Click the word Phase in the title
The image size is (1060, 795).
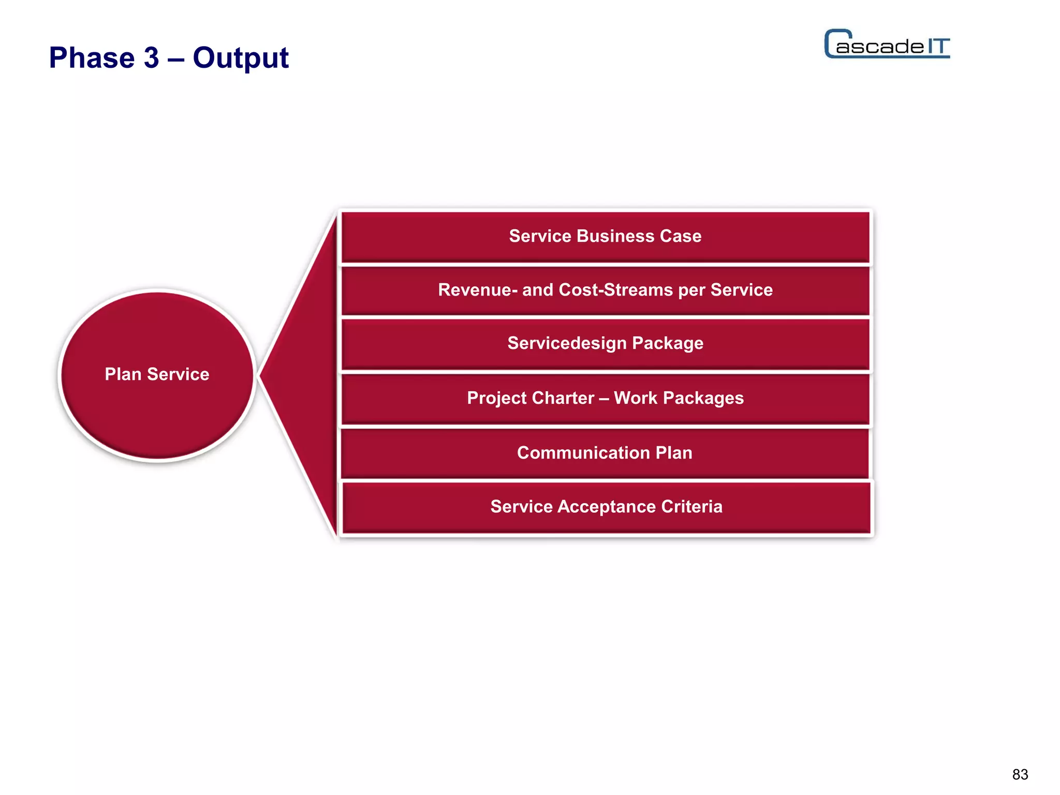pyautogui.click(x=92, y=57)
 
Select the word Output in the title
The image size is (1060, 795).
pyautogui.click(x=241, y=58)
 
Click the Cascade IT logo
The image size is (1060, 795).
pyautogui.click(x=887, y=45)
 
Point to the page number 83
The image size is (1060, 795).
pyautogui.click(x=1020, y=774)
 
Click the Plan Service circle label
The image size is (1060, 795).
pyautogui.click(x=157, y=374)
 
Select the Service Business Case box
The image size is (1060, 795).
pyautogui.click(x=605, y=236)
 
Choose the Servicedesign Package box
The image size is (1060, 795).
pyautogui.click(x=605, y=344)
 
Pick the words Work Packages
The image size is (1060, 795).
pyautogui.click(x=679, y=398)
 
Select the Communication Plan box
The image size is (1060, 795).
pyautogui.click(x=605, y=453)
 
